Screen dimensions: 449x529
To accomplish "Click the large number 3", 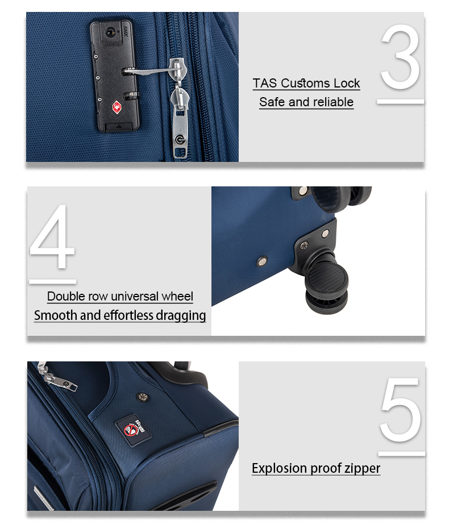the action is pos(401,57).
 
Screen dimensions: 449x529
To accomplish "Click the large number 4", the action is pos(52,236).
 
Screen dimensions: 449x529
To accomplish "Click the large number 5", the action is pos(401,410).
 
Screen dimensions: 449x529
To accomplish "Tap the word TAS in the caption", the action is pos(265,83).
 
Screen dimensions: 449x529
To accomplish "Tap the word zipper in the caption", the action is pos(363,469).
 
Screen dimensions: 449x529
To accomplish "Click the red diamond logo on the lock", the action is pos(117,107).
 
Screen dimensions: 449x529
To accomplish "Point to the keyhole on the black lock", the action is pos(110,32).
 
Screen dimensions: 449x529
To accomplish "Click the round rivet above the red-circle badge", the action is pos(142,397).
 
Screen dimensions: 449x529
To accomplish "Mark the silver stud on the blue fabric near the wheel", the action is pos(262,261).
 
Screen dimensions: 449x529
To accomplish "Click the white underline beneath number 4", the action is pos(53,281).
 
